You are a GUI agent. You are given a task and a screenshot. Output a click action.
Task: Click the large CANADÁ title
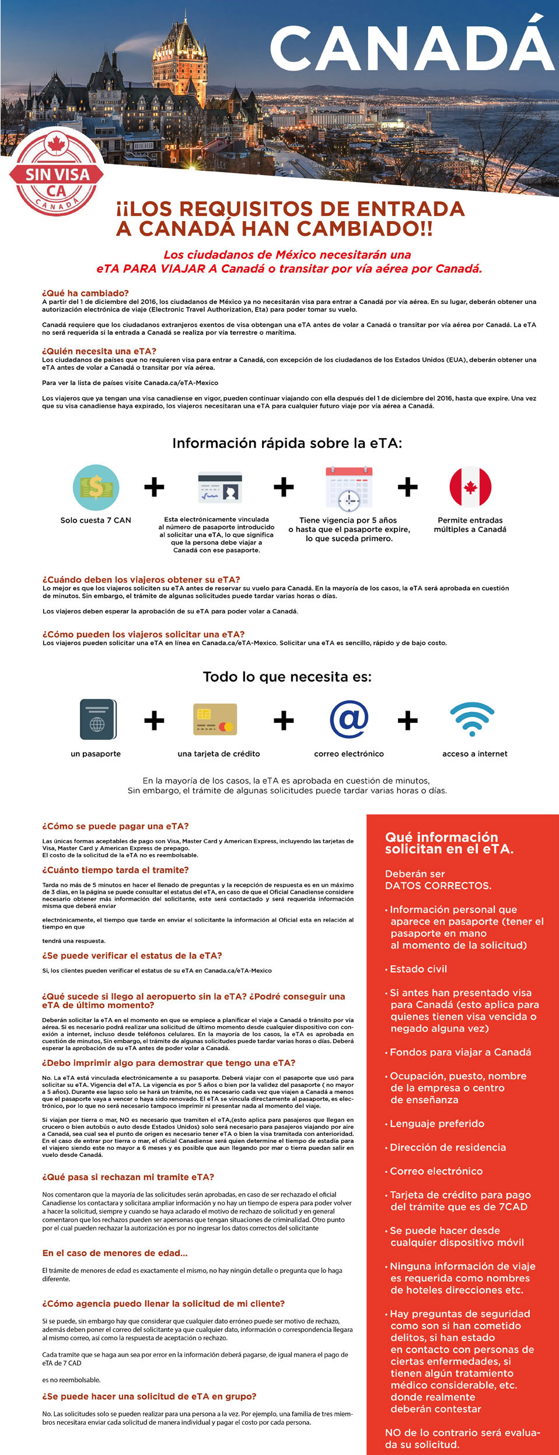[411, 49]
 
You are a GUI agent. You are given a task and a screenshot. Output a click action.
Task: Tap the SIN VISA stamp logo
[57, 174]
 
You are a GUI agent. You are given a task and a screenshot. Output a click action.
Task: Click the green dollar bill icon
[96, 487]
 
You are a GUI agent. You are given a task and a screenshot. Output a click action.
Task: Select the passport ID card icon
[220, 487]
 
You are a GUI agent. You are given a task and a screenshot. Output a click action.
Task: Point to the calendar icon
[349, 488]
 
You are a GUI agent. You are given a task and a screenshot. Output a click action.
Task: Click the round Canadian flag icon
[470, 487]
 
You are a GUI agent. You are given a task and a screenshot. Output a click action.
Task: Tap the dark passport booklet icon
[97, 719]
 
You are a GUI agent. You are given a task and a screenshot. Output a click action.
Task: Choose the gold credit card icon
[215, 719]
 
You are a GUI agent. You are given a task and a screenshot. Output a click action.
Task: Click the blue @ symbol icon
[349, 719]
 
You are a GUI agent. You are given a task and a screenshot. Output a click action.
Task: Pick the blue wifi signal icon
[473, 719]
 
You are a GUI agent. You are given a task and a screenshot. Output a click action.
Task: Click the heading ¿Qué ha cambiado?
[85, 293]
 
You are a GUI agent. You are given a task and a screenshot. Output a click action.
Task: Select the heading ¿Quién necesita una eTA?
[99, 351]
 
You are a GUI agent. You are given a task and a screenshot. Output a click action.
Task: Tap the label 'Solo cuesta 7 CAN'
[96, 520]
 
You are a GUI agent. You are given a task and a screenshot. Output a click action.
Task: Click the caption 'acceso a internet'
[474, 754]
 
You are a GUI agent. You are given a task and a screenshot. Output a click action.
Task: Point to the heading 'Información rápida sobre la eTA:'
[287, 443]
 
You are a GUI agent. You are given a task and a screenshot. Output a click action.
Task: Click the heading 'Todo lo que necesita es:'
[287, 677]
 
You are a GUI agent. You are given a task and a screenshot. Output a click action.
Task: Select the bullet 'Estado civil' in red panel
[418, 969]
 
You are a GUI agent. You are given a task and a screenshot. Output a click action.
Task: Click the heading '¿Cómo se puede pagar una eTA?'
[116, 826]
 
